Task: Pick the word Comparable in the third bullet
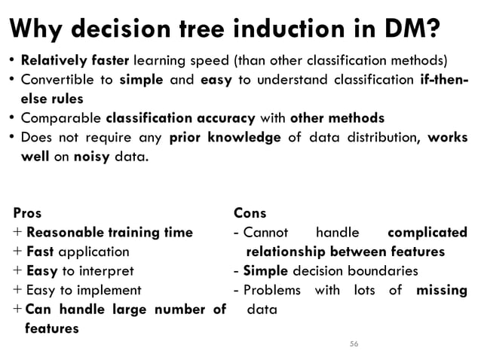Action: point(61,118)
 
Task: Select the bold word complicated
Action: point(426,232)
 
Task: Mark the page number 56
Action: point(354,343)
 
